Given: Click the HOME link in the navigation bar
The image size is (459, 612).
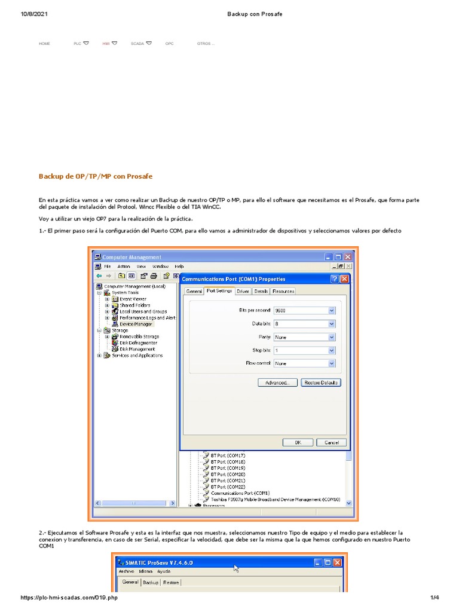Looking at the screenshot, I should (x=44, y=44).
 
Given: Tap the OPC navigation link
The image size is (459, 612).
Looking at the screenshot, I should (x=170, y=44).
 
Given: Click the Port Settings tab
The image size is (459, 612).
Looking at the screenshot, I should (x=219, y=291).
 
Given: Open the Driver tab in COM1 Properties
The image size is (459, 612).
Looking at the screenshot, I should (x=243, y=291).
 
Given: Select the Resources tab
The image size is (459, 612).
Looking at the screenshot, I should (x=283, y=291).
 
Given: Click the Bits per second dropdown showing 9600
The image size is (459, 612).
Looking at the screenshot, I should (x=304, y=311).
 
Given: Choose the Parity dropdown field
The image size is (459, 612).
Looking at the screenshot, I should (x=304, y=337).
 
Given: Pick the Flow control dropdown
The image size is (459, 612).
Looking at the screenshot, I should (x=304, y=363).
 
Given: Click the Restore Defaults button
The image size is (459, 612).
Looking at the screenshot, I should (x=321, y=382).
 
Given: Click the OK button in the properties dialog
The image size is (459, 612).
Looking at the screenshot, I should (x=298, y=442).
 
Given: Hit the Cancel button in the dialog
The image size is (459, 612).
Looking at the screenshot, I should (x=331, y=442).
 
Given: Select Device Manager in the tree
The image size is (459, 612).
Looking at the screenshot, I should (x=136, y=324).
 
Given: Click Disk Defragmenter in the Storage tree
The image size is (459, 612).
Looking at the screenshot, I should (x=138, y=343).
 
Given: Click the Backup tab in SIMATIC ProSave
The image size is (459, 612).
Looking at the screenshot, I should (x=151, y=582).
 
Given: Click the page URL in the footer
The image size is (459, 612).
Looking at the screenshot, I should (x=69, y=598).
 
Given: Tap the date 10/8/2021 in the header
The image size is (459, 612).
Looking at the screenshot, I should (x=35, y=14).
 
